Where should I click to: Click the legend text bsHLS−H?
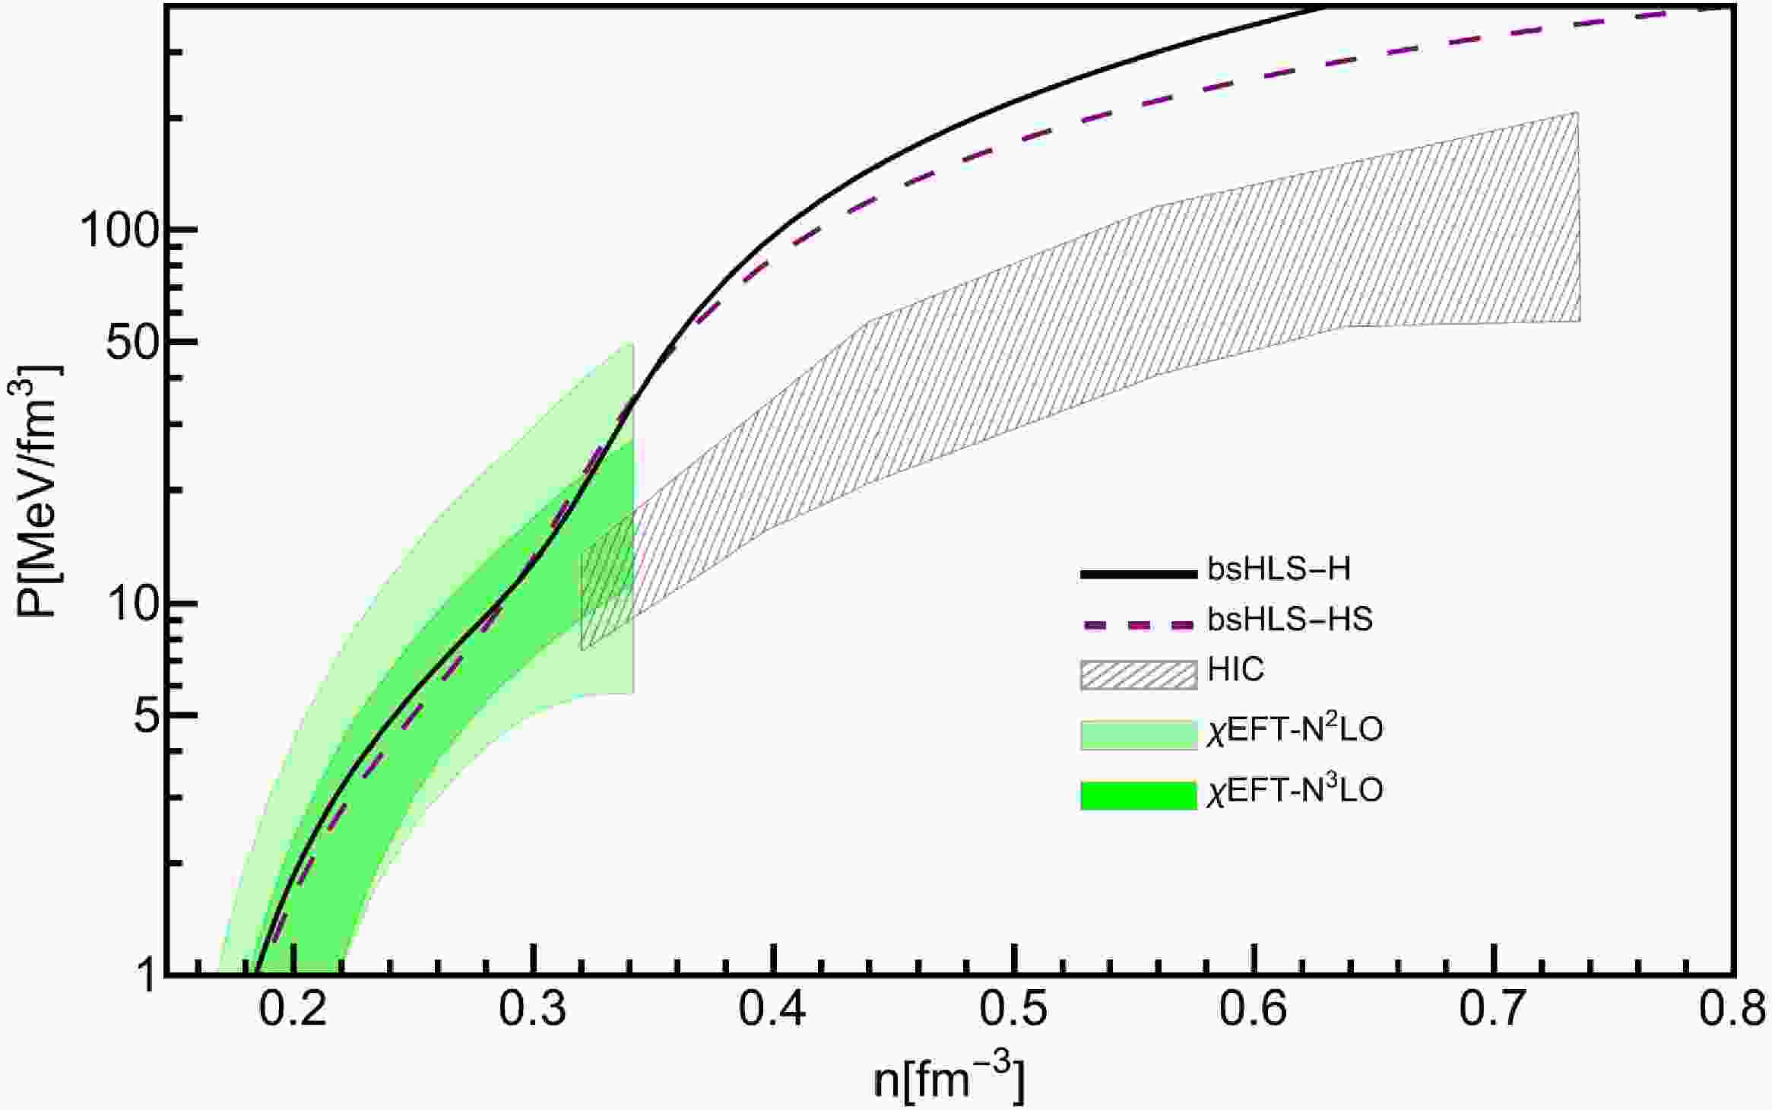(x=1279, y=569)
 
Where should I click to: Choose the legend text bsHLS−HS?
(x=1290, y=620)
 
